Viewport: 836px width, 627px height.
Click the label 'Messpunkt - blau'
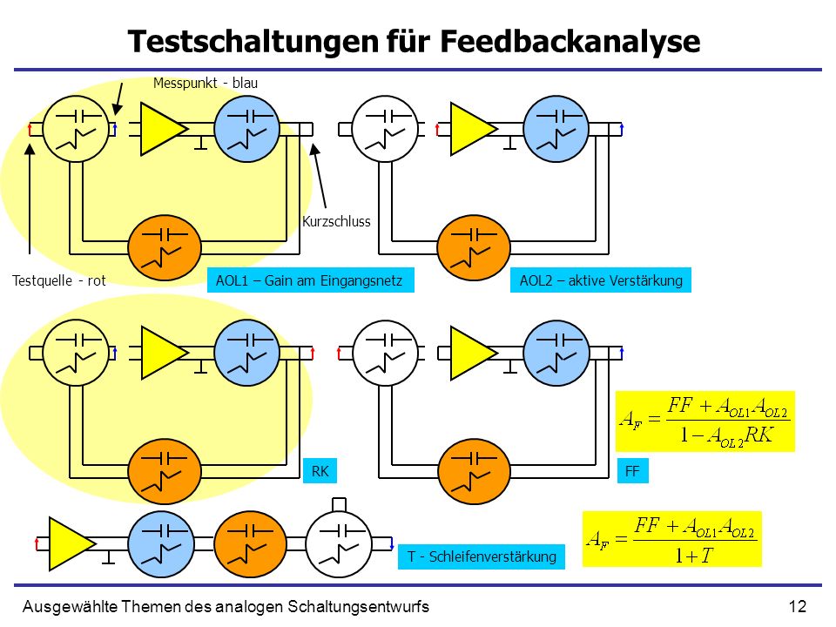(206, 84)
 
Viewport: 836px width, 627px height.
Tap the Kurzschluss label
(336, 221)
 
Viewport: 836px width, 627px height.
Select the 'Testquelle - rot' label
(58, 280)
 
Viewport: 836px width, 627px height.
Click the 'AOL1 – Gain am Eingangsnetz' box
(310, 280)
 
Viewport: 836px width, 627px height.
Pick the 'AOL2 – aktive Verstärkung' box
(601, 280)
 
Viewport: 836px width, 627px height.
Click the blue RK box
(320, 471)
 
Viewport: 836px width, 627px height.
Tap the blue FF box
(632, 471)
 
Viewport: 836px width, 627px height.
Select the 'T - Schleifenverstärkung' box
(482, 556)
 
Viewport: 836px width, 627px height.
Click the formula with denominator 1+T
(671, 539)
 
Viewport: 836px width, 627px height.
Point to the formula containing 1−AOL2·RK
(705, 421)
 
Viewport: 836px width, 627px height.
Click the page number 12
(797, 606)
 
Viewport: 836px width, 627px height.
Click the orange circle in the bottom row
(250, 543)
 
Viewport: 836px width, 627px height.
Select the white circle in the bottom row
(339, 543)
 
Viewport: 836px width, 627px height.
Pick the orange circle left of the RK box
(165, 471)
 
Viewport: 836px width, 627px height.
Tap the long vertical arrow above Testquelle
(30, 198)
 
